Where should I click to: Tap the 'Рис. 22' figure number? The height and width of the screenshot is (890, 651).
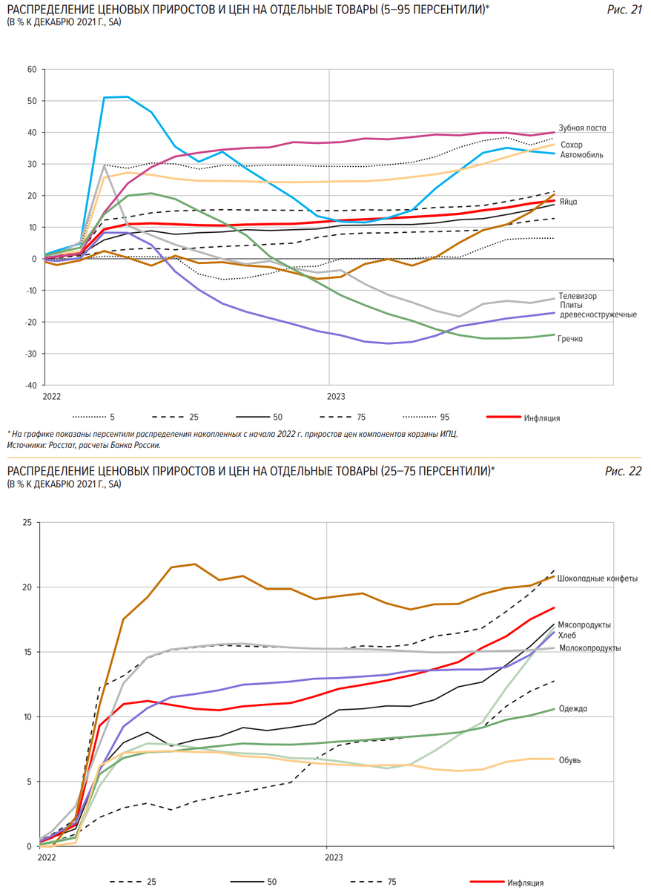(623, 471)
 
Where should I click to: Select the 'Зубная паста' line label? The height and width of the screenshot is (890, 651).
(582, 128)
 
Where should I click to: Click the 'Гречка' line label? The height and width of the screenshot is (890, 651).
(570, 339)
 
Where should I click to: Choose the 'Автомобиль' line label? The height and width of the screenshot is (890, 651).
(581, 156)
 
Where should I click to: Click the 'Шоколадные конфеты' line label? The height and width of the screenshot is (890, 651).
(597, 578)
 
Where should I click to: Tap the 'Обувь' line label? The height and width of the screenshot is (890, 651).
(569, 760)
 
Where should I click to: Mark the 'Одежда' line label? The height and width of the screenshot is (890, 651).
(572, 709)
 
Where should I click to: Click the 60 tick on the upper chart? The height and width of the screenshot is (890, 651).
(31, 70)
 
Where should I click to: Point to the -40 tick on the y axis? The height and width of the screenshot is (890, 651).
(30, 386)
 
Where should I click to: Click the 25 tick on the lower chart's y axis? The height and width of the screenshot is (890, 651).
(27, 522)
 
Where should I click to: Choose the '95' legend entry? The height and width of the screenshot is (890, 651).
(444, 418)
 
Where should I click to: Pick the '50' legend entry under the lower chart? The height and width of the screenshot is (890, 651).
(271, 883)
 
